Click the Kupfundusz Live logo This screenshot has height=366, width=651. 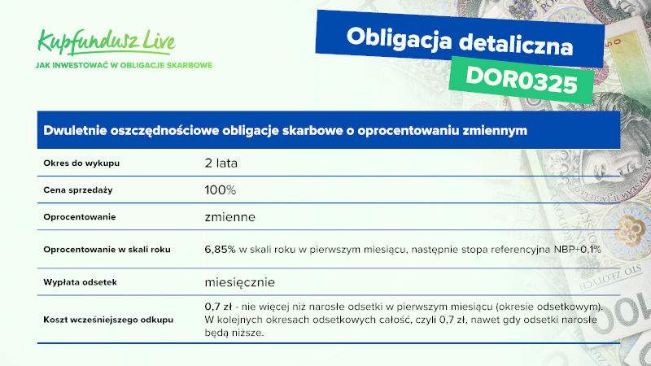[x=107, y=42]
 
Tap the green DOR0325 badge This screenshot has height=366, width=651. [x=522, y=80]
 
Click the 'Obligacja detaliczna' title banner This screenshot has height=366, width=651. [x=460, y=39]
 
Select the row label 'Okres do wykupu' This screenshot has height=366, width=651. [x=81, y=163]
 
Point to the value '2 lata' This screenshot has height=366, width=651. [x=221, y=163]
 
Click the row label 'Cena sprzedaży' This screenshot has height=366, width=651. [x=78, y=190]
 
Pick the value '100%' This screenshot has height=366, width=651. [x=220, y=190]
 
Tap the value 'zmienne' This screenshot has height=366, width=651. [x=230, y=217]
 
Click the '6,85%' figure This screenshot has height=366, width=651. [x=220, y=250]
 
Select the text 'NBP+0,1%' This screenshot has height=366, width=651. [x=578, y=250]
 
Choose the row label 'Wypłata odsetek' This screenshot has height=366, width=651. [x=80, y=282]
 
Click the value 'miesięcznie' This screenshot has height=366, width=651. [x=239, y=282]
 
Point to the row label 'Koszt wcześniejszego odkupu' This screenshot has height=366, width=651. [x=108, y=320]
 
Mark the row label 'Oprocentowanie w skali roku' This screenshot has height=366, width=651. [x=107, y=250]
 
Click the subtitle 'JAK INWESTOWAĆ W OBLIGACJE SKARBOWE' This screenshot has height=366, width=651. [x=124, y=65]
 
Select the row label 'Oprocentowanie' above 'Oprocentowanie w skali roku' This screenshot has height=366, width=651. [x=79, y=217]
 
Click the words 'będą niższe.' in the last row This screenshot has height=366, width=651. [x=234, y=333]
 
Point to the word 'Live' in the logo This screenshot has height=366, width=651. [x=159, y=41]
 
